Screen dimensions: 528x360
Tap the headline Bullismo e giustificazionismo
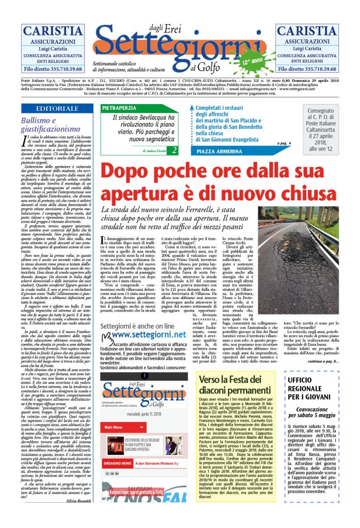[51, 124]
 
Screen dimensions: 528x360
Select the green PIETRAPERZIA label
[119, 108]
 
